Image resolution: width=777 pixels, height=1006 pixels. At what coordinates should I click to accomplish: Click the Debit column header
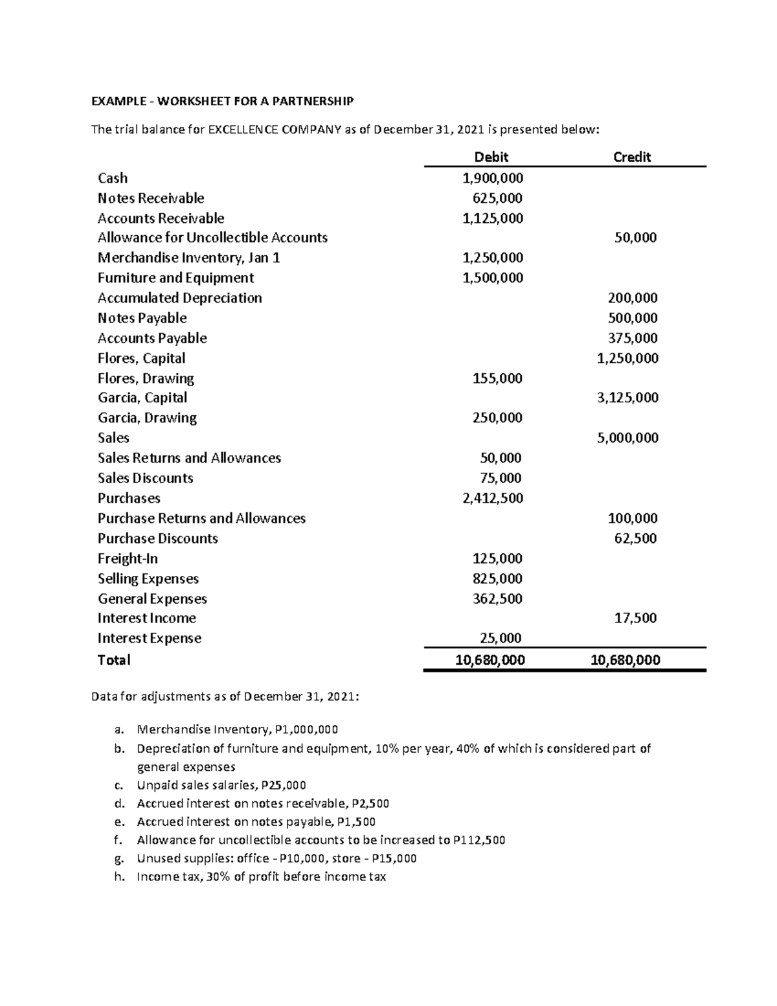(491, 157)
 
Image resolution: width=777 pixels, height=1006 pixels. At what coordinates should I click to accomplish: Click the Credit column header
(631, 157)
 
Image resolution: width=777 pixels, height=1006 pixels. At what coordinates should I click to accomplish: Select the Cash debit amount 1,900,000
(493, 178)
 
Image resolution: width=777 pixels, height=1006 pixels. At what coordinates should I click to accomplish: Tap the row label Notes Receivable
(151, 198)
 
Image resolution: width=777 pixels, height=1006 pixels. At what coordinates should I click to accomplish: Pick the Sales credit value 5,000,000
(627, 438)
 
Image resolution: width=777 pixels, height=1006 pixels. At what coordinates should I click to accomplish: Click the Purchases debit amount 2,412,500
(493, 498)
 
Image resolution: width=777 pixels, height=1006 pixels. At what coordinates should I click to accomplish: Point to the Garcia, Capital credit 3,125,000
(627, 398)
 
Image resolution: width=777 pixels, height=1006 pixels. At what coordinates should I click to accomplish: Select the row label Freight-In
(128, 558)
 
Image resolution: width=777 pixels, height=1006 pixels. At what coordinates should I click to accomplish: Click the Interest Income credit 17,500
(635, 618)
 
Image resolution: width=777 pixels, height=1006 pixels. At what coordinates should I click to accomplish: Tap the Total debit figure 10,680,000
(490, 660)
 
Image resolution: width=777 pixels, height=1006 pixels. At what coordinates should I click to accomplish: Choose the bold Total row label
(114, 660)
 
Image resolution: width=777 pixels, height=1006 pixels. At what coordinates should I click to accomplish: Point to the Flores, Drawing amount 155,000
(497, 378)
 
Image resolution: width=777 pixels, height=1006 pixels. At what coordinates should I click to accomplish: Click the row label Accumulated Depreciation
(180, 298)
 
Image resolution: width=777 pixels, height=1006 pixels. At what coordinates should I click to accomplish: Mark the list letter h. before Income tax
(118, 877)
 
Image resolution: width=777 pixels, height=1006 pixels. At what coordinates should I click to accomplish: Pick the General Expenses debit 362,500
(497, 599)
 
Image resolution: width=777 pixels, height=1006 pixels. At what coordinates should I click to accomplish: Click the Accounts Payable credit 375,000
(633, 338)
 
